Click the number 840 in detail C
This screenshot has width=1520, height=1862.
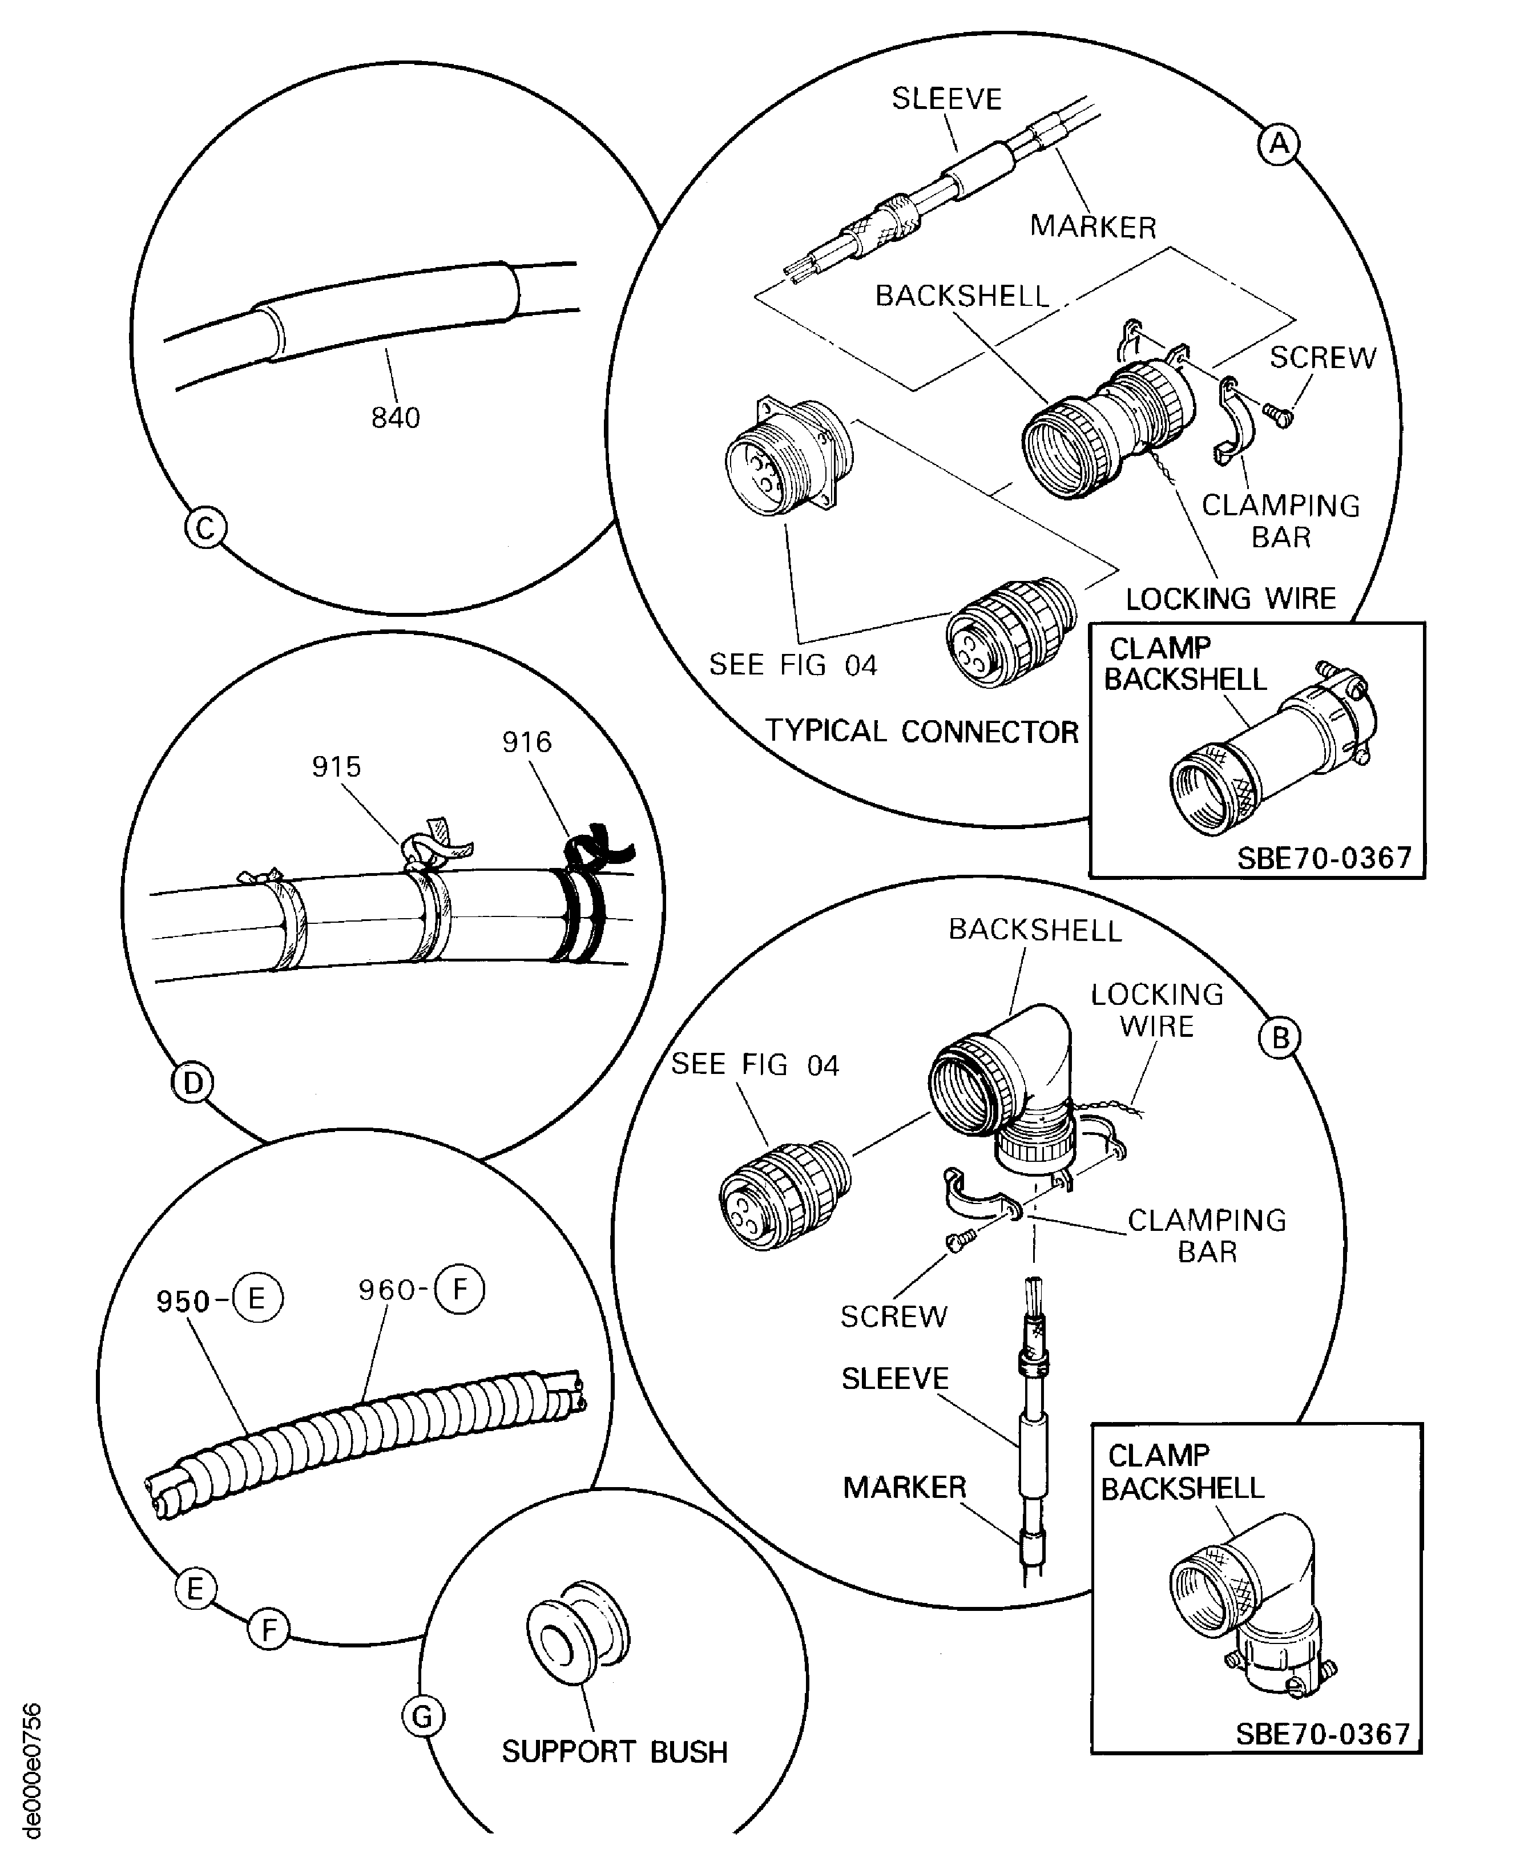point(395,418)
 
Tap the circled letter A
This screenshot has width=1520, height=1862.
point(1279,143)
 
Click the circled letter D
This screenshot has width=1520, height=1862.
point(192,1083)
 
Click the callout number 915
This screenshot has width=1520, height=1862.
point(336,767)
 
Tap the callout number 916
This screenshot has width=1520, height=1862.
point(526,742)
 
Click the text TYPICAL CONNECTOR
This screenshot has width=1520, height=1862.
point(921,731)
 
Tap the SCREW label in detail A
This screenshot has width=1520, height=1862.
point(1322,357)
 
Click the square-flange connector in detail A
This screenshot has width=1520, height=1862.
point(788,457)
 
